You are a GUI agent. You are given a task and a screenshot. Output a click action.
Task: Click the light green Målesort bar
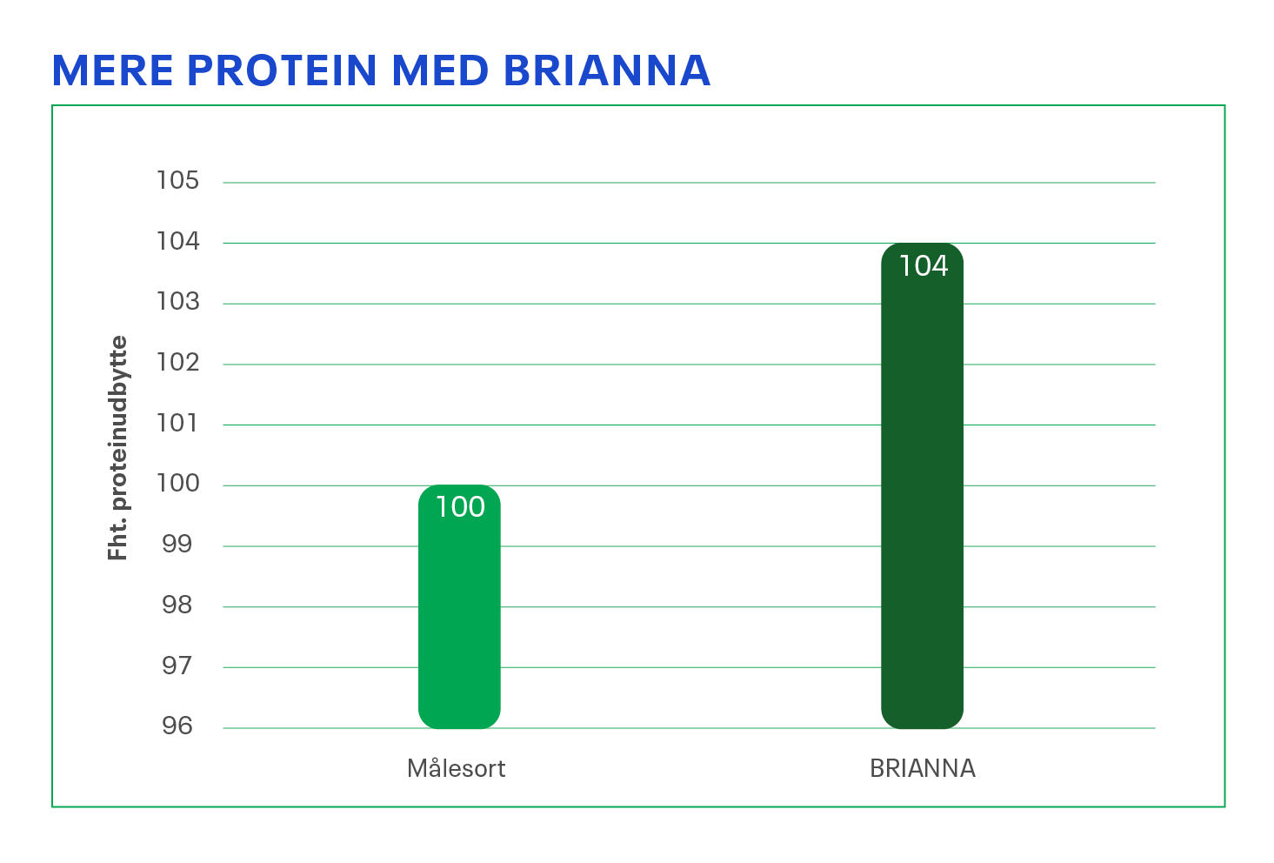[459, 606]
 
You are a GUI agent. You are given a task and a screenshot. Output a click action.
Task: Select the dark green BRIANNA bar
[922, 485]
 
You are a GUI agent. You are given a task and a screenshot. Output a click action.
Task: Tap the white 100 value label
[459, 507]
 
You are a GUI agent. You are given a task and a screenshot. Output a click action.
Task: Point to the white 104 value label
[923, 265]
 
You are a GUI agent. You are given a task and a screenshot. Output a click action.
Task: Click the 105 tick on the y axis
[178, 180]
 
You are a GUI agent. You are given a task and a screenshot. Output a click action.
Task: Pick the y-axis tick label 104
[178, 241]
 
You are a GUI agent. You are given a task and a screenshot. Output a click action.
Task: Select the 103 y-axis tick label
[178, 302]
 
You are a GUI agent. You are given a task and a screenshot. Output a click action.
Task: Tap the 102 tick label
[178, 363]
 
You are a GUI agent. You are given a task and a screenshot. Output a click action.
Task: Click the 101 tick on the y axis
[177, 424]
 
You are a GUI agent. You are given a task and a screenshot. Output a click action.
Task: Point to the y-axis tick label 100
[178, 484]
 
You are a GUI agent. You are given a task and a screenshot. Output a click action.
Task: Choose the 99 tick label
[177, 545]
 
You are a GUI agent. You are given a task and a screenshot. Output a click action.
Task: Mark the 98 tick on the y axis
[177, 605]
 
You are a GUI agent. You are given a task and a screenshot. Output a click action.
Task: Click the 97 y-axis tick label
[177, 666]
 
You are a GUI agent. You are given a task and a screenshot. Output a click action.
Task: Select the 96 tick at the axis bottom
[177, 726]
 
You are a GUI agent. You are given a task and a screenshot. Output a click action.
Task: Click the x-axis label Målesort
[457, 768]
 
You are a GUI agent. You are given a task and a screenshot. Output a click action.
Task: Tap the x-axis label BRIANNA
[923, 768]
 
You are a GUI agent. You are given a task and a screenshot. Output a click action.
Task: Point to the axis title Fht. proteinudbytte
[117, 448]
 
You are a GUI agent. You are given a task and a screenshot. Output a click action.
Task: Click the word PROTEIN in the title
[282, 70]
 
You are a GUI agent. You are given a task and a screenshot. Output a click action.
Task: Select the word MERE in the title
[112, 70]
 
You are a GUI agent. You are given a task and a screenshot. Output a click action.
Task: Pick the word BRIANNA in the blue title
[607, 70]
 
